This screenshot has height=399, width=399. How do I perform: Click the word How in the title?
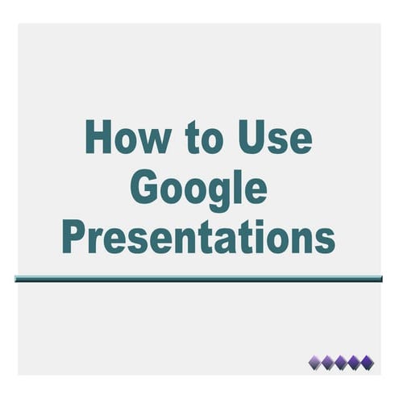click(x=127, y=137)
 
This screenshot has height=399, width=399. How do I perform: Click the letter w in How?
click(x=154, y=142)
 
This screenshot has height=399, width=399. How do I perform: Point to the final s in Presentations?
click(x=325, y=240)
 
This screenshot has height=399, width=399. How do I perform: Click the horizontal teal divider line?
click(x=198, y=279)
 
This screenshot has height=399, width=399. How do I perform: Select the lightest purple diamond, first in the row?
click(x=316, y=361)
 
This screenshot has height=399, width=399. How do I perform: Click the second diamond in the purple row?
click(x=329, y=361)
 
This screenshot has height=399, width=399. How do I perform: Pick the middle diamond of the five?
click(x=342, y=361)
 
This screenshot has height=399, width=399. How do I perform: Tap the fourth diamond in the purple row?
click(x=355, y=361)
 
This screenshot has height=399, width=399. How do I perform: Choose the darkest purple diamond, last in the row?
click(x=368, y=361)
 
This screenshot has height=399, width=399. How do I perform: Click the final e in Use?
click(x=301, y=142)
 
